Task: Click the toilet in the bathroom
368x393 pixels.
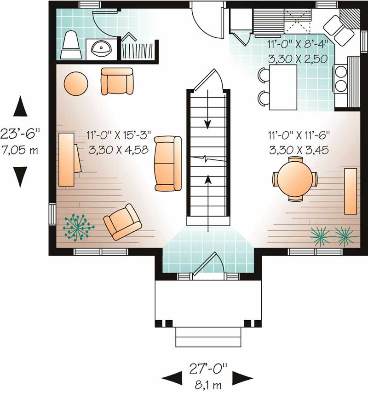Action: [x=71, y=45]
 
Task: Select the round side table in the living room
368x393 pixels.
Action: [x=75, y=84]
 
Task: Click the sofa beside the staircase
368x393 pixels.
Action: [x=168, y=163]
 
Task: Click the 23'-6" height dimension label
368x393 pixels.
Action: [x=20, y=134]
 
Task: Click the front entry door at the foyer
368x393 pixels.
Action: [x=208, y=264]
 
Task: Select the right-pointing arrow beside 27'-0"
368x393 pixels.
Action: [x=242, y=378]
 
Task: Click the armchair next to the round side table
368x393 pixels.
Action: [x=117, y=81]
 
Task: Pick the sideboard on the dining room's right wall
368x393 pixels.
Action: [x=351, y=191]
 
